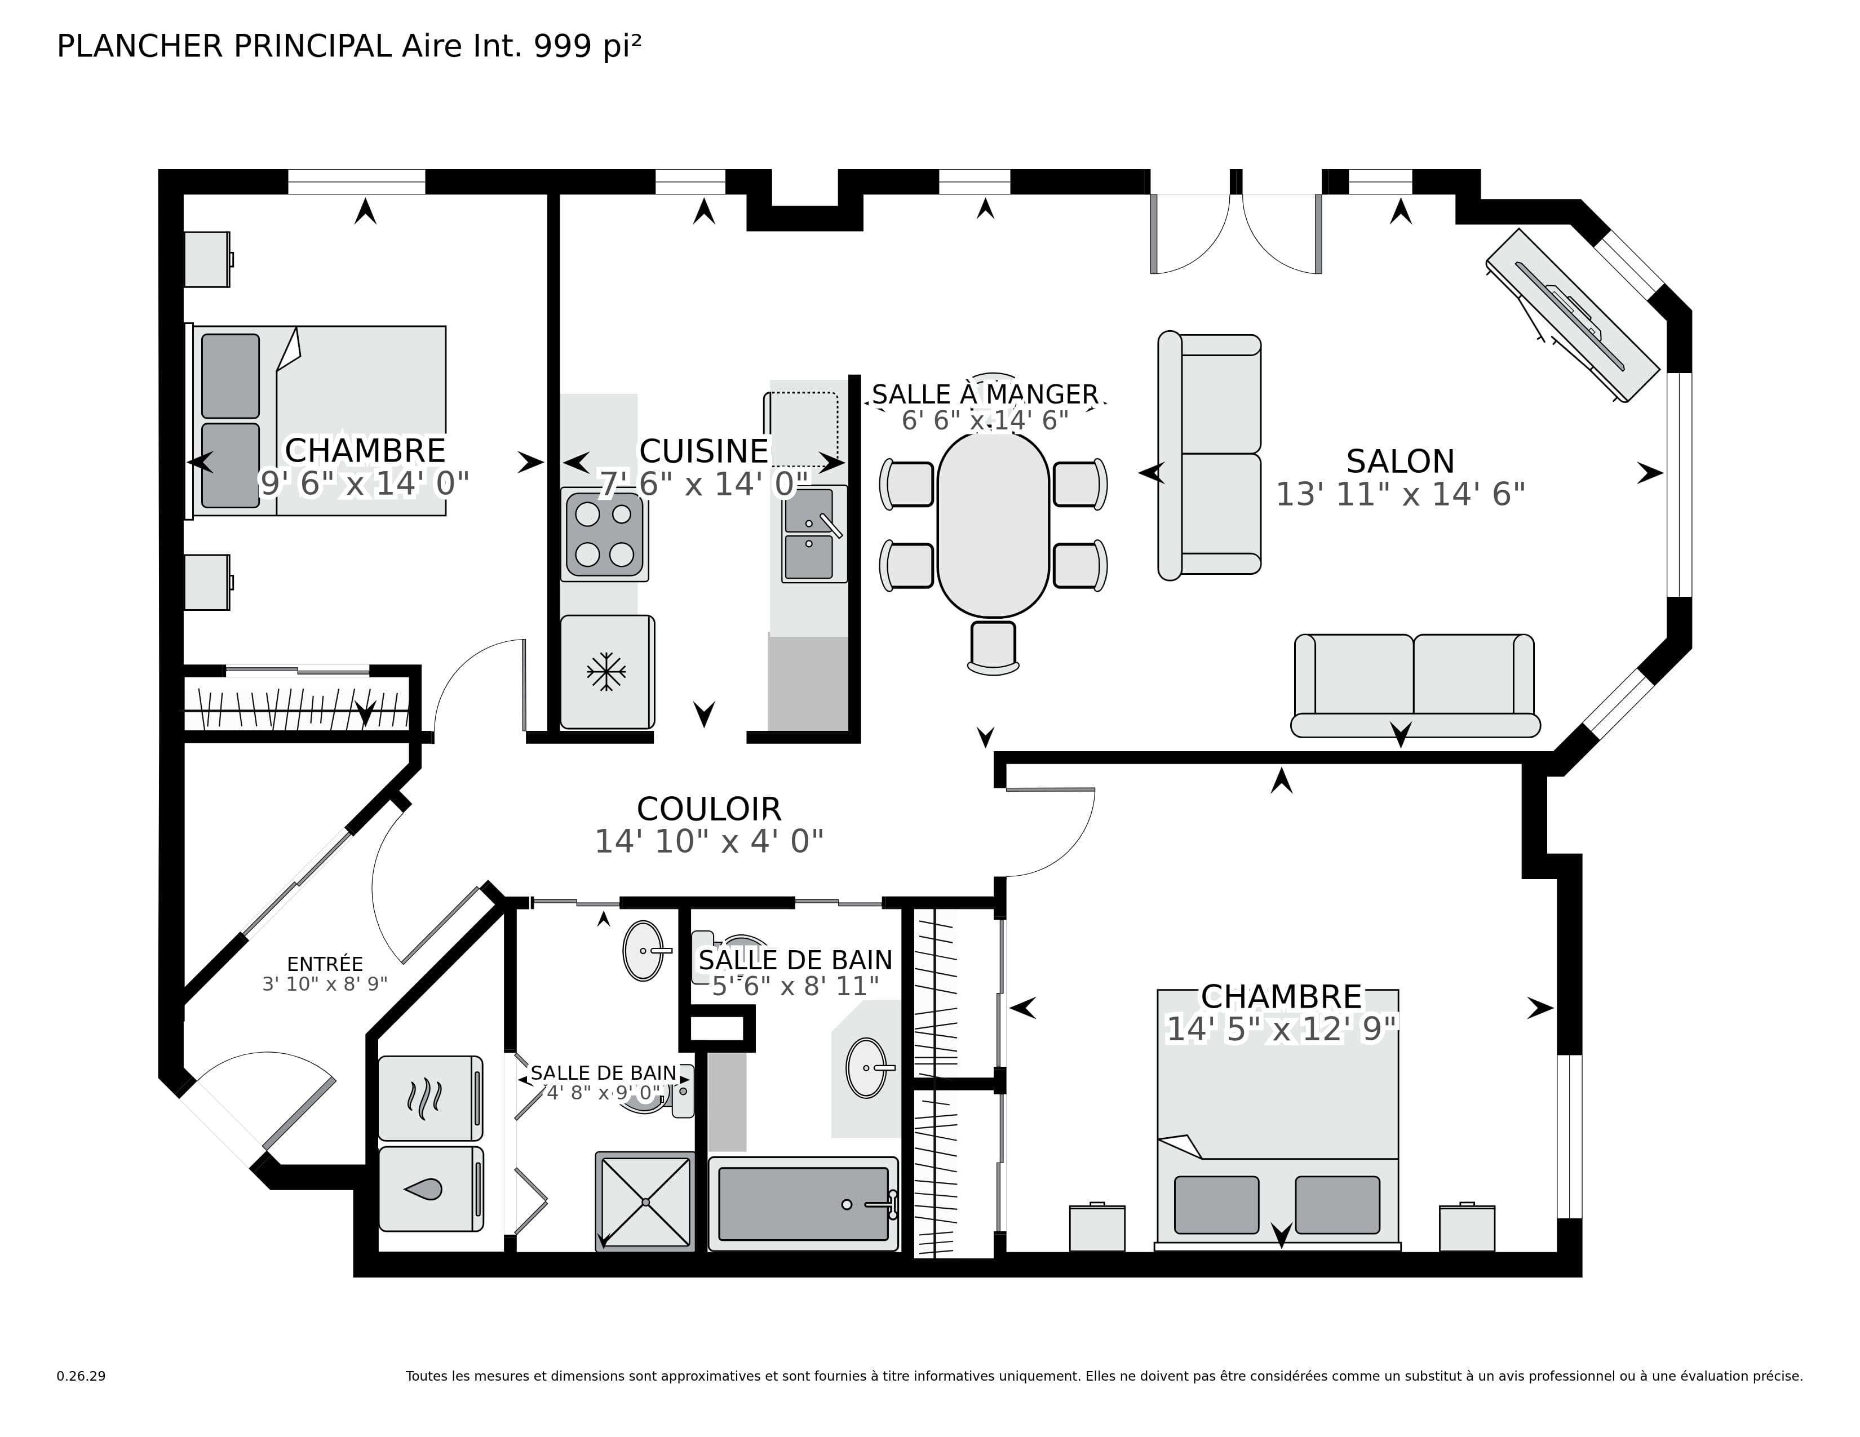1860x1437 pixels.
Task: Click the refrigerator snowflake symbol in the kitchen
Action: [x=606, y=672]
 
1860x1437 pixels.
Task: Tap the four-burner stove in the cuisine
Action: [x=605, y=535]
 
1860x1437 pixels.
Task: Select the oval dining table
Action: [x=993, y=525]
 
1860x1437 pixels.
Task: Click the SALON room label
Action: [x=1400, y=462]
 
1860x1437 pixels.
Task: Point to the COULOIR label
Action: [x=708, y=809]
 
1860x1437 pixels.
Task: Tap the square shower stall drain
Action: [x=645, y=1202]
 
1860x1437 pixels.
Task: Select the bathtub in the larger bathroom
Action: [x=803, y=1204]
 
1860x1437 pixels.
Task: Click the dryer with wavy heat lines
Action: [x=430, y=1098]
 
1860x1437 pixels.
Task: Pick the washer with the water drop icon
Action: [x=430, y=1189]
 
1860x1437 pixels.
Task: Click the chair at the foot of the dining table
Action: [x=993, y=647]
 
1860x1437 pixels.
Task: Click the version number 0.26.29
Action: [x=81, y=1376]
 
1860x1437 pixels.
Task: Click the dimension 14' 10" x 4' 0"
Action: [x=708, y=842]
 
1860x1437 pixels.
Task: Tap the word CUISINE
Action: [x=703, y=451]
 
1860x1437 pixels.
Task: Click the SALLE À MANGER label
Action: [x=985, y=394]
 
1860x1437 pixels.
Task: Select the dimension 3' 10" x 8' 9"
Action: [x=325, y=984]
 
